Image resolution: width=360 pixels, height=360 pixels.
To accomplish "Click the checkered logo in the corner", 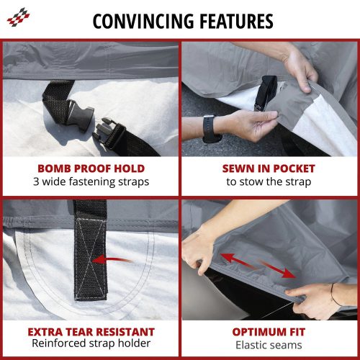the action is [19, 17].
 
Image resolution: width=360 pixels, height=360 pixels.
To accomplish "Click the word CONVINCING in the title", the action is [143, 22].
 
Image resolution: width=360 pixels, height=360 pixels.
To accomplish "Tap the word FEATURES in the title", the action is [236, 22].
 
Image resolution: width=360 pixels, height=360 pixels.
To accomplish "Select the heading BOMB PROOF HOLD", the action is [91, 168].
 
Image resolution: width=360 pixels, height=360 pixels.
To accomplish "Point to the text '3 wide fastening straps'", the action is [91, 181].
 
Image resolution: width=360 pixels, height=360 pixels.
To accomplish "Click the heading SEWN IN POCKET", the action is [269, 168].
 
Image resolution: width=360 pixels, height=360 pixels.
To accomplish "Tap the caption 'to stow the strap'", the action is [269, 181].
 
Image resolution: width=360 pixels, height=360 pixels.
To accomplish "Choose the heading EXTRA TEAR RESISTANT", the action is [91, 332].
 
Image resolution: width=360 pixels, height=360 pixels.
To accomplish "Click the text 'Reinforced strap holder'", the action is [91, 343].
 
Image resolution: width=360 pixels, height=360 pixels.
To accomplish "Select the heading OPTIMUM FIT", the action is [269, 332].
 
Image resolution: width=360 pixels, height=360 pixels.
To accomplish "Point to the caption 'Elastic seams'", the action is [269, 345].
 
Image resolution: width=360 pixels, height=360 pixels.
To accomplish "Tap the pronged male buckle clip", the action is [108, 132].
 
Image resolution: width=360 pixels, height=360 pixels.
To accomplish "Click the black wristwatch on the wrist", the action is [210, 129].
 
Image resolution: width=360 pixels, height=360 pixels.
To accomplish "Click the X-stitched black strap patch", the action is [91, 258].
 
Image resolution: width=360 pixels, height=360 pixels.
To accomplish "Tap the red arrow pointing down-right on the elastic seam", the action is [278, 269].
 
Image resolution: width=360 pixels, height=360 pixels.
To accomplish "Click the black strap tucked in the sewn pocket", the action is [266, 93].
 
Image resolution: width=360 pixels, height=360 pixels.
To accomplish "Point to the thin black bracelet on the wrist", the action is [334, 294].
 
